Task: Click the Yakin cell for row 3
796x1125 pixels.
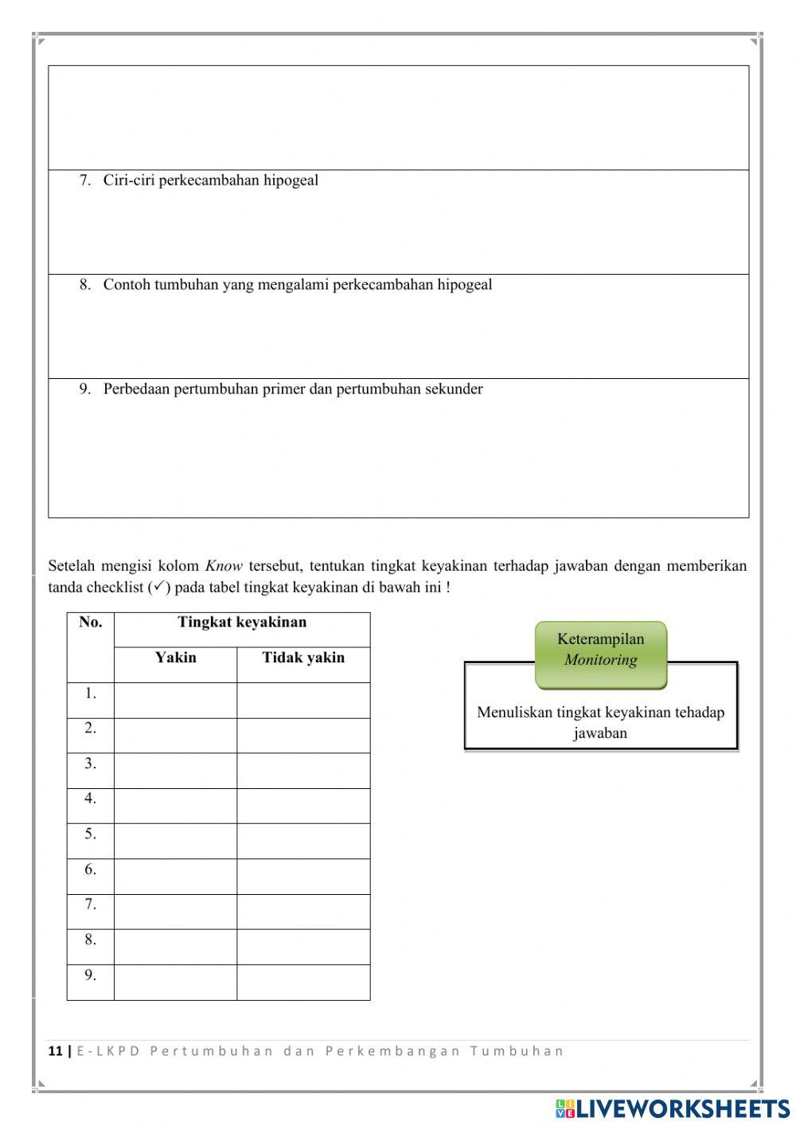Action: click(175, 771)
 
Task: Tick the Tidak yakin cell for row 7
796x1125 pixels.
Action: click(303, 912)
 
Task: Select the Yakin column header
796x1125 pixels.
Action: click(175, 658)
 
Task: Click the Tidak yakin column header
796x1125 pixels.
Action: click(303, 658)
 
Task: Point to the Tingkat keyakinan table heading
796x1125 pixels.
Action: click(242, 623)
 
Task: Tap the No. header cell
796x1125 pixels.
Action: click(91, 623)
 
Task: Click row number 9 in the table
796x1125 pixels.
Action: click(91, 975)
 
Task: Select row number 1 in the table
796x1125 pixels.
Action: click(91, 693)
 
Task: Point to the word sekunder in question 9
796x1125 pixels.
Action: click(455, 389)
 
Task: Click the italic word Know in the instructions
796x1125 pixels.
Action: click(224, 566)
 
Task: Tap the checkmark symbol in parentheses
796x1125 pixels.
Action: click(158, 587)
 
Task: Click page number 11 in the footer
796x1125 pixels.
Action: click(55, 1051)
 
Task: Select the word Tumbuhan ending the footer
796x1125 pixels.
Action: click(517, 1051)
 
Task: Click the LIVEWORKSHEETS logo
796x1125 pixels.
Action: click(673, 1108)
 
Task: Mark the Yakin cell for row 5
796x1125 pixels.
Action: click(175, 841)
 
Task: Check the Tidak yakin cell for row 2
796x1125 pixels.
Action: click(303, 736)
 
